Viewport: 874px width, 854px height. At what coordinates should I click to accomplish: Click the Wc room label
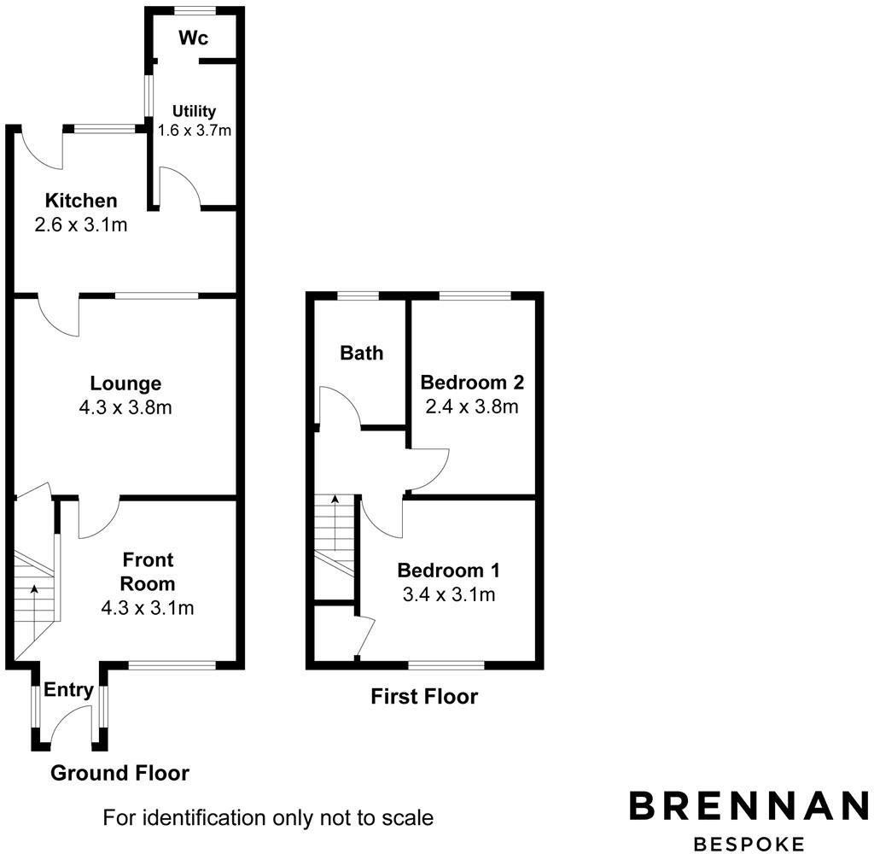coord(194,38)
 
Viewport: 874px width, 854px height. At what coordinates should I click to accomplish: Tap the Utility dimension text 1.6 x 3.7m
coord(195,131)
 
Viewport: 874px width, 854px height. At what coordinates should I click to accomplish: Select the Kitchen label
coord(81,202)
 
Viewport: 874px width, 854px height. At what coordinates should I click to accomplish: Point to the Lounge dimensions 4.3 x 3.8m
coord(125,407)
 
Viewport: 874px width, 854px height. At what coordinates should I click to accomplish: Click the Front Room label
coord(148,572)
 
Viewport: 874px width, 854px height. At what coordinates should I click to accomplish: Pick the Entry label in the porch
coord(68,690)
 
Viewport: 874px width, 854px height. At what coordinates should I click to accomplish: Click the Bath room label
coord(362,353)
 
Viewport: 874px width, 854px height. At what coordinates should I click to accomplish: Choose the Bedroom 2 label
coord(472,382)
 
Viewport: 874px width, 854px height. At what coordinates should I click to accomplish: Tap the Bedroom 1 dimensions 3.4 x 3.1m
coord(449,594)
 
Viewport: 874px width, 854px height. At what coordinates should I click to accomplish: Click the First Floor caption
coord(424,697)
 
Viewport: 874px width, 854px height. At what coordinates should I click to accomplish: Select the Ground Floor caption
coord(119,774)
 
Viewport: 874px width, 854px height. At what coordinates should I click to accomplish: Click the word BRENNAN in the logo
coord(749,806)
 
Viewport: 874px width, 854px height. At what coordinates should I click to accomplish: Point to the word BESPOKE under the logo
coord(749,844)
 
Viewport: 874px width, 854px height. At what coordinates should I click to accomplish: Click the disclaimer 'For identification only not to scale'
coord(268,818)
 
